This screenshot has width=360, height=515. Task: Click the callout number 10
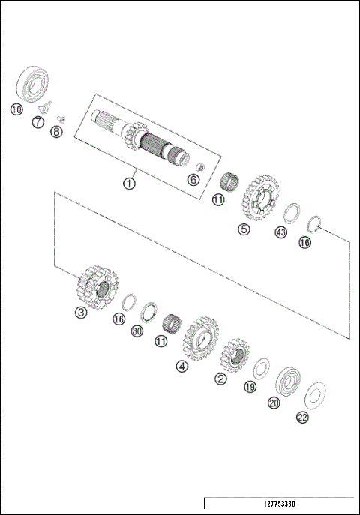(16, 109)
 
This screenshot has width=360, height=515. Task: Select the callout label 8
(56, 132)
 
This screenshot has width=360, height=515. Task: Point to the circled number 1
(130, 182)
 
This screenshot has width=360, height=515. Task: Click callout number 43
(281, 233)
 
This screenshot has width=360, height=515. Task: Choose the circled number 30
(136, 331)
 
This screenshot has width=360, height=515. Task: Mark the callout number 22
(303, 418)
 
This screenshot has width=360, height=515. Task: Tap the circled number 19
(250, 387)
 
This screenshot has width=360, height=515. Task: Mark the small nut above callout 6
(199, 166)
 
